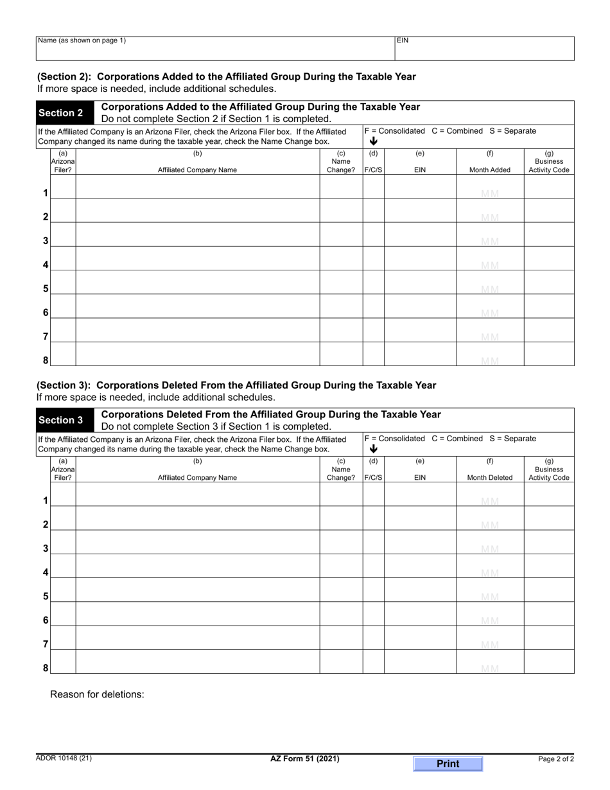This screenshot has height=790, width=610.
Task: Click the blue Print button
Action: pos(448,764)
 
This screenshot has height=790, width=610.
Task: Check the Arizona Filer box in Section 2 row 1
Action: pos(63,187)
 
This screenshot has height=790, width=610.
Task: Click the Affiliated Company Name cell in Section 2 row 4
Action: pos(198,258)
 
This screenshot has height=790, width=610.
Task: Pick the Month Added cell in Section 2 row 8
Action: pos(490,354)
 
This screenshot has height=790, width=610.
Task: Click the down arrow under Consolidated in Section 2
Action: pos(374,141)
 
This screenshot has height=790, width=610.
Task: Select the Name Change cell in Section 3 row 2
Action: pos(341,518)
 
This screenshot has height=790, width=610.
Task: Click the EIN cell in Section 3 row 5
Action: pos(420,590)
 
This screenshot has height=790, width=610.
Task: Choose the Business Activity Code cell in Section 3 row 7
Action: pos(549,638)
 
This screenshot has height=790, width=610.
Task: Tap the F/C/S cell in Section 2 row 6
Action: pos(374,306)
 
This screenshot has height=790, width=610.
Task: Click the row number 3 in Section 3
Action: pos(46,549)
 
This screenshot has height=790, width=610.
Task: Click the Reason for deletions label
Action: pos(97,694)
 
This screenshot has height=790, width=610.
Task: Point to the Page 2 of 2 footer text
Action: pos(555,759)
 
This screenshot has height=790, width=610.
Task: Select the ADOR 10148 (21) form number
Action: pos(64,759)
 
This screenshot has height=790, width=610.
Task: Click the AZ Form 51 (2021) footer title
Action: pos(305,759)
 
